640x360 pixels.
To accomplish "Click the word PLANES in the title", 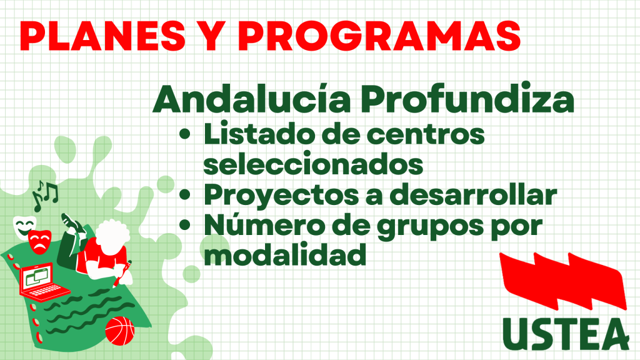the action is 102,35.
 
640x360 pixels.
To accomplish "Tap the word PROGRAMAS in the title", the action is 379,35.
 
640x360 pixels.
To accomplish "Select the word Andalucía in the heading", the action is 251,99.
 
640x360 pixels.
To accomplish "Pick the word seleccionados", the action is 313,164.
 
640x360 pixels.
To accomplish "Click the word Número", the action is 261,225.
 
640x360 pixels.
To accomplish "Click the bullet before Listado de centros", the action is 185,134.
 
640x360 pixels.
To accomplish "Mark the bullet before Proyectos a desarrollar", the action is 185,195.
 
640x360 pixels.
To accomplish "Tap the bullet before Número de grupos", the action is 185,225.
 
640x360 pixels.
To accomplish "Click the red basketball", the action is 119,331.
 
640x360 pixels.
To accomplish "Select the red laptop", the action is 42,281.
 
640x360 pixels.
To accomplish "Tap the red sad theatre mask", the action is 39,242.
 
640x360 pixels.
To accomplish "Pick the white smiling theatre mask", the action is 24,227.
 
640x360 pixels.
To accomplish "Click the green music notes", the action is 45,195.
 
